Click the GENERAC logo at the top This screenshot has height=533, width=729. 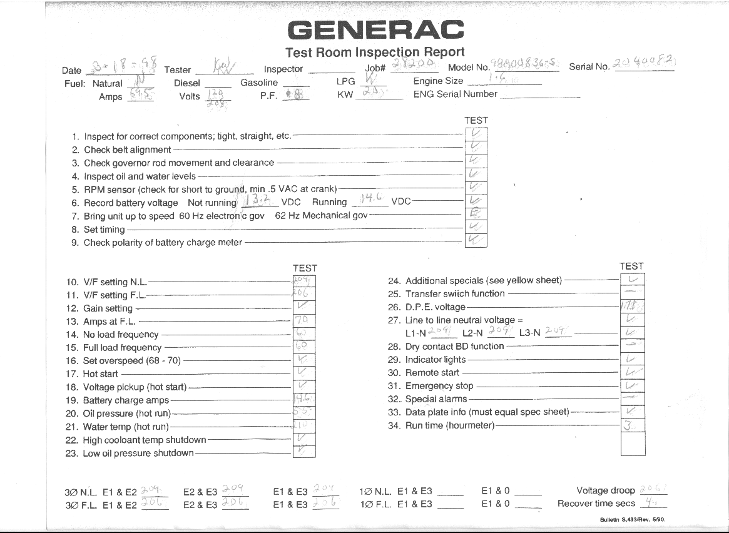pyautogui.click(x=375, y=29)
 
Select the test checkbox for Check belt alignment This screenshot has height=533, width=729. pyautogui.click(x=476, y=147)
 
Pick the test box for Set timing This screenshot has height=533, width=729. pyautogui.click(x=476, y=227)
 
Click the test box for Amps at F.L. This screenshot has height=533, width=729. pyautogui.click(x=304, y=320)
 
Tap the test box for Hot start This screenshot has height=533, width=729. pyautogui.click(x=304, y=373)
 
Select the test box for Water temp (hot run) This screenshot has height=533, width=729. pyautogui.click(x=304, y=425)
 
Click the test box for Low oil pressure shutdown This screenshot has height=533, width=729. pyautogui.click(x=304, y=452)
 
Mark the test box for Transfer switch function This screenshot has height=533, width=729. pyautogui.click(x=632, y=292)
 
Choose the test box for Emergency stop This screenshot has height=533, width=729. pyautogui.click(x=632, y=385)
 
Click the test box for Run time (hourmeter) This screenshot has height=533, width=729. pyautogui.click(x=632, y=425)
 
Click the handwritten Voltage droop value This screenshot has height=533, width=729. pyautogui.click(x=653, y=489)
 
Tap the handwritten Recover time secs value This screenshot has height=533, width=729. pyautogui.click(x=653, y=502)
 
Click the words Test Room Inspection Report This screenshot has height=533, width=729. pyautogui.click(x=375, y=52)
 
